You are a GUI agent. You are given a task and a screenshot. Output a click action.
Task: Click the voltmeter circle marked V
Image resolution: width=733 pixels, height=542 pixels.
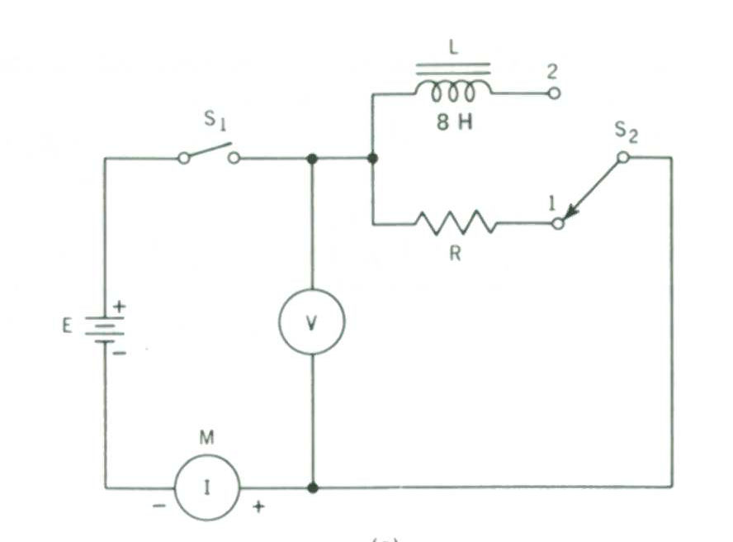(x=311, y=322)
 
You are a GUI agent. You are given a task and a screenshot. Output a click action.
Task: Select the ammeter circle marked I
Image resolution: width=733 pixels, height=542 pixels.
(x=206, y=487)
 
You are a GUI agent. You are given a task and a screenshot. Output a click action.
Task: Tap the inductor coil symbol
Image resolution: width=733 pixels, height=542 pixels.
(x=452, y=90)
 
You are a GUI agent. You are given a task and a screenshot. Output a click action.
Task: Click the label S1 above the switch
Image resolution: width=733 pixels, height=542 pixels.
(x=216, y=124)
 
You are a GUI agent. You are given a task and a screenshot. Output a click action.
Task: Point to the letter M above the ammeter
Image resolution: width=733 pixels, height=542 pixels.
(x=206, y=438)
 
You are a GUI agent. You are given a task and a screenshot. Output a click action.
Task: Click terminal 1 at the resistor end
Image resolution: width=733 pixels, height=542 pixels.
(x=559, y=223)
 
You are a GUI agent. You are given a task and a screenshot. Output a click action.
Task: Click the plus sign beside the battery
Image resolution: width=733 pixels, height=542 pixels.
(x=120, y=307)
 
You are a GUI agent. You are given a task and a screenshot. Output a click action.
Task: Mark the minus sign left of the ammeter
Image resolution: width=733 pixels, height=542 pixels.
(x=158, y=505)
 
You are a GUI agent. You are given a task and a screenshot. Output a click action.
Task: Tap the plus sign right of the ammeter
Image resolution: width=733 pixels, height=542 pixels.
(x=258, y=506)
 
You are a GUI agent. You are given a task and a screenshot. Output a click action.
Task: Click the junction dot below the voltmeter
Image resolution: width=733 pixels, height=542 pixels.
(x=312, y=487)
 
